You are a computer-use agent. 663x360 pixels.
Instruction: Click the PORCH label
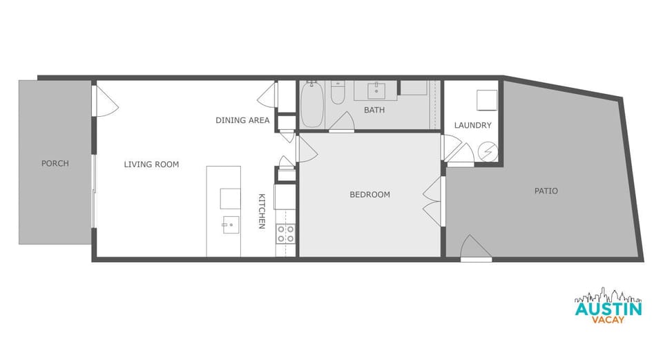(x=55, y=164)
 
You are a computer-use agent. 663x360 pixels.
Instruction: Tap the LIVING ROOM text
(x=151, y=164)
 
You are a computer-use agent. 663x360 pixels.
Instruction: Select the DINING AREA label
(x=242, y=120)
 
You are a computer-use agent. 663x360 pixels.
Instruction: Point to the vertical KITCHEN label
(x=262, y=211)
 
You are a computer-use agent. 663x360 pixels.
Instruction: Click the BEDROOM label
(x=369, y=195)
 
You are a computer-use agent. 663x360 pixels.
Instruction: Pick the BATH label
(x=374, y=110)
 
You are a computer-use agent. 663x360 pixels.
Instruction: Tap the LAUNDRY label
(x=472, y=125)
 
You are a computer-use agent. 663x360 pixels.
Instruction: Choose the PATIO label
(x=546, y=191)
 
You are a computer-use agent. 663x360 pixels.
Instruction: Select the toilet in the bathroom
(x=338, y=93)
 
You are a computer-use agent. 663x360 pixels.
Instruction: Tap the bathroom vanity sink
(x=376, y=90)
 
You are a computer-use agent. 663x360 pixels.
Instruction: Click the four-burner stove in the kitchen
(x=285, y=234)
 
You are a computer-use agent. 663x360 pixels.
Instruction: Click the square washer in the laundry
(x=487, y=100)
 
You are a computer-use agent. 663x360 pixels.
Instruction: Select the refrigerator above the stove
(x=285, y=197)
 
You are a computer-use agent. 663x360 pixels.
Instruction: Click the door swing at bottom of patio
(x=475, y=248)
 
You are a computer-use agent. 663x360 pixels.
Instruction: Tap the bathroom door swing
(x=342, y=123)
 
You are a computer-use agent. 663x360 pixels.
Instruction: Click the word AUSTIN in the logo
(x=608, y=309)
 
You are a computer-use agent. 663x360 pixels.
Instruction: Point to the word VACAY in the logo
(x=608, y=321)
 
